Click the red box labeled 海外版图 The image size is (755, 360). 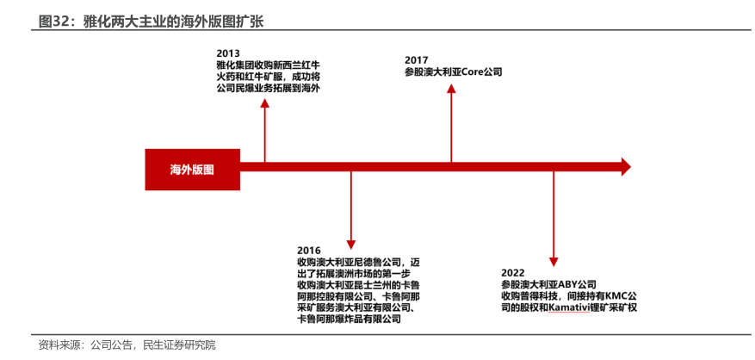click(x=191, y=168)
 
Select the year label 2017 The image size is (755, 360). click(x=417, y=60)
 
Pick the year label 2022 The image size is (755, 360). click(x=513, y=273)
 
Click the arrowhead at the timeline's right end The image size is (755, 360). click(x=625, y=167)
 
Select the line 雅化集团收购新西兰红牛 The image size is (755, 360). click(x=266, y=65)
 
